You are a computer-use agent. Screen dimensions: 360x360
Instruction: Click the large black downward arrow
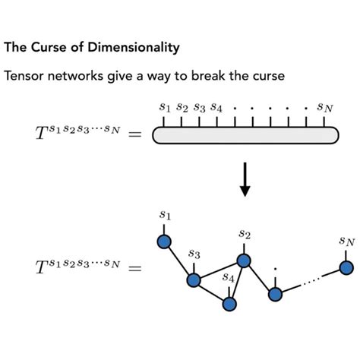(x=245, y=178)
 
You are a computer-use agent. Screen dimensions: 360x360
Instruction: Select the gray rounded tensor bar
(x=245, y=134)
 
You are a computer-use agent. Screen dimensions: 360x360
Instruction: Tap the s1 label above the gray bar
(x=164, y=107)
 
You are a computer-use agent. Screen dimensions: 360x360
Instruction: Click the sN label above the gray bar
(x=325, y=108)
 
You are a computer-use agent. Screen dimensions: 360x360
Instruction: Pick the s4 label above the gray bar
(x=216, y=107)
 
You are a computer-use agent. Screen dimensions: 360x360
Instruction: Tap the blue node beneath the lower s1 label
(x=163, y=242)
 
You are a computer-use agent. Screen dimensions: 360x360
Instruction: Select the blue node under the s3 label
(x=194, y=280)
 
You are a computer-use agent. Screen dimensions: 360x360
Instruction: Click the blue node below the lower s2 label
(x=244, y=261)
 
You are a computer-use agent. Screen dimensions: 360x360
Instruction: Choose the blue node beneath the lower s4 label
(x=229, y=304)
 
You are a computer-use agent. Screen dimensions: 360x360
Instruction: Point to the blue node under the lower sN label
(x=346, y=267)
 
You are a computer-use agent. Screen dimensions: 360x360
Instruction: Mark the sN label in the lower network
(x=346, y=242)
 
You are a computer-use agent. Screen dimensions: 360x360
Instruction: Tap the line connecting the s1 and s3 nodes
(x=178, y=261)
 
